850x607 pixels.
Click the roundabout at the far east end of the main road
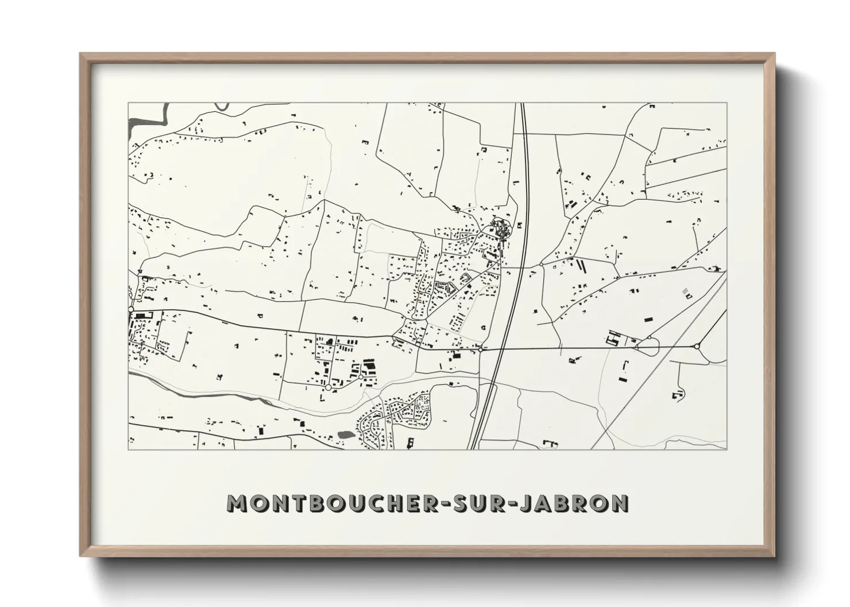(697, 347)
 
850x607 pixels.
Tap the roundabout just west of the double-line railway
(480, 349)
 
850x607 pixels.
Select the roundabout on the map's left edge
(132, 310)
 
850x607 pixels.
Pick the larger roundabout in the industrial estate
(328, 388)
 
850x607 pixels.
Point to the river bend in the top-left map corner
(155, 115)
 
